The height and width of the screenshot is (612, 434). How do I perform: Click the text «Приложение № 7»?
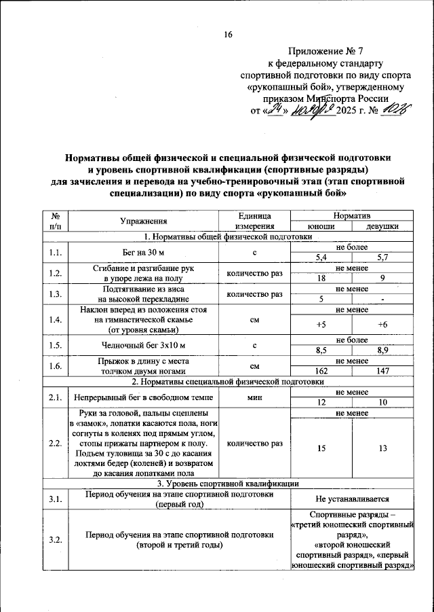click(x=325, y=51)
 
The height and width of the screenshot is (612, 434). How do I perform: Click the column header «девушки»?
click(x=382, y=227)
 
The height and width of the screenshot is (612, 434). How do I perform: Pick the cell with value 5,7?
click(x=382, y=257)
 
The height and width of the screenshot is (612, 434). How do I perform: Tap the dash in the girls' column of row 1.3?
click(x=382, y=300)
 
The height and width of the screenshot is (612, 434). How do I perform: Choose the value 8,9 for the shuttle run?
click(x=382, y=350)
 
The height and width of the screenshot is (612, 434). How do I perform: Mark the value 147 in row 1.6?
click(x=382, y=372)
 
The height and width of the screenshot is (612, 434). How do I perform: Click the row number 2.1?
click(x=56, y=397)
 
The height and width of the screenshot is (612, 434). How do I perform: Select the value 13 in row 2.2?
click(x=382, y=448)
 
